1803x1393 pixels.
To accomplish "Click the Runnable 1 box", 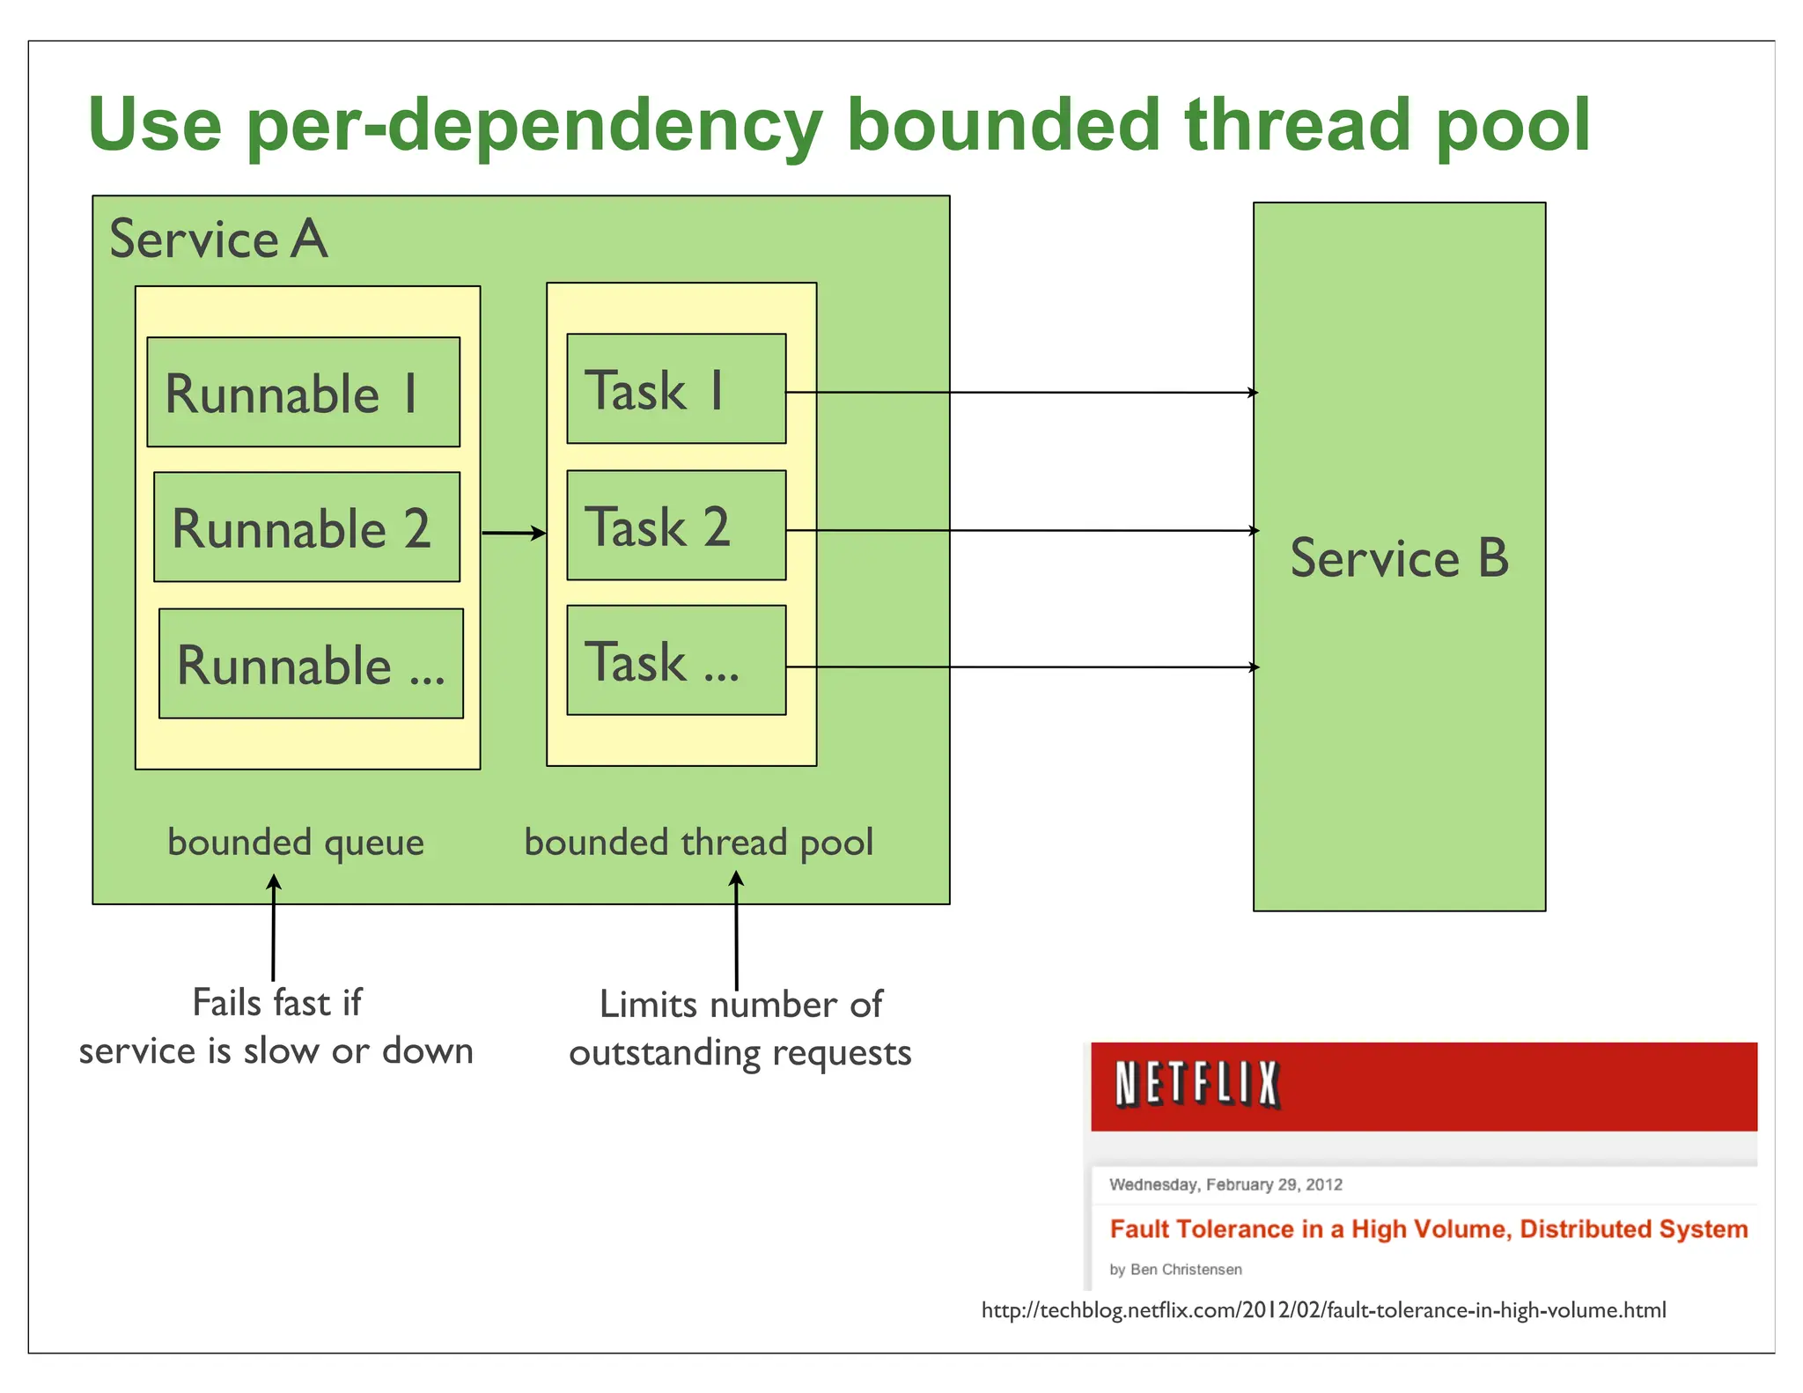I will (303, 392).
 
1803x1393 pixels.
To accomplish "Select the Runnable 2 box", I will (306, 527).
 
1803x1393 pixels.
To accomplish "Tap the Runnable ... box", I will (311, 663).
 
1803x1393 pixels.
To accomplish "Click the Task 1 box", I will (675, 388).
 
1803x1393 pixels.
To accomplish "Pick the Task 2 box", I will (675, 525).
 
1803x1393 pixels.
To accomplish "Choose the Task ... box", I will (675, 660).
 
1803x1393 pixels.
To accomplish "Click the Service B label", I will (1398, 558).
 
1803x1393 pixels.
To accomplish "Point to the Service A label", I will (218, 239).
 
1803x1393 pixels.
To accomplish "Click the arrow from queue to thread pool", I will (513, 533).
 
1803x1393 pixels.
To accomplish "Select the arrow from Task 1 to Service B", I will (1021, 393).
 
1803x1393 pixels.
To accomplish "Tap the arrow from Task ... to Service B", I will (1021, 667).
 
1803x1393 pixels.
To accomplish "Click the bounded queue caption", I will (296, 843).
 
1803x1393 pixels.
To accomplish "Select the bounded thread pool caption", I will (698, 843).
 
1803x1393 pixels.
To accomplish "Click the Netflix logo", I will (1196, 1084).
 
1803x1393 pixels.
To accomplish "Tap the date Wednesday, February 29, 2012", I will (1225, 1184).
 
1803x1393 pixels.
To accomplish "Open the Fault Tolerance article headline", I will (1428, 1228).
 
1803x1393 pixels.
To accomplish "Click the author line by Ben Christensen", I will (1175, 1269).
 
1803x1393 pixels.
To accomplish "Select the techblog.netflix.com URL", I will (1323, 1310).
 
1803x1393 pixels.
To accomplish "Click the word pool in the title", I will (1512, 125).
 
